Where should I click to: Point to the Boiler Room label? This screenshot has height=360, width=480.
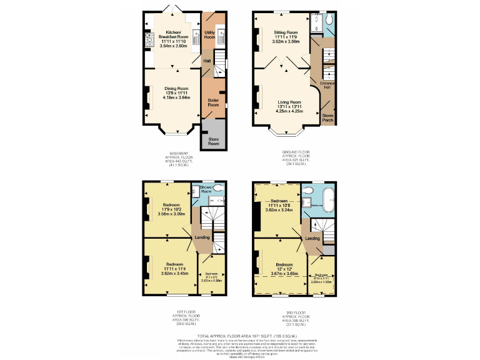213,102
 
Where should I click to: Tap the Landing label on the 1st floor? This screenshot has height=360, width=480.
201,237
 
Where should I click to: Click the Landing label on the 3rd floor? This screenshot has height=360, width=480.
312,238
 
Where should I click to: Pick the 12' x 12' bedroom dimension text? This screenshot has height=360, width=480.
284,269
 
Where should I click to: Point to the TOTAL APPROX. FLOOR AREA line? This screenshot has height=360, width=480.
240,335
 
